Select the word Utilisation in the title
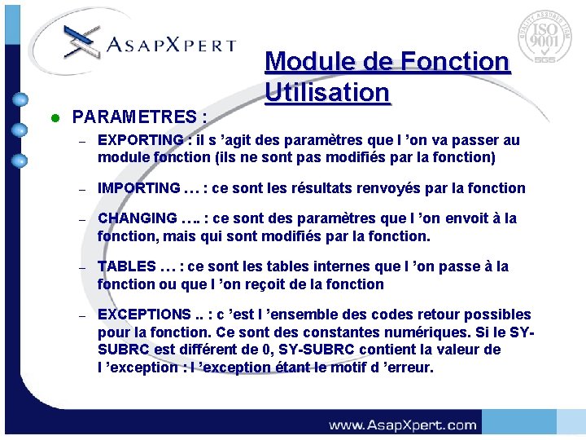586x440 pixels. point(327,93)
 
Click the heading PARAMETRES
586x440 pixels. point(138,118)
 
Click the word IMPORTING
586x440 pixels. point(138,188)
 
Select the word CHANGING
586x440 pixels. point(137,218)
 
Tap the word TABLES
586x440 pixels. point(126,266)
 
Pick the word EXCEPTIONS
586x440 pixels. point(143,315)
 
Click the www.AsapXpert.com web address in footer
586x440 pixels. point(402,425)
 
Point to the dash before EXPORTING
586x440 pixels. point(82,141)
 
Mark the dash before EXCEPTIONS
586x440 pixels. point(82,315)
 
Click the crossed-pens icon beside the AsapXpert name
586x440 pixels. point(77,39)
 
